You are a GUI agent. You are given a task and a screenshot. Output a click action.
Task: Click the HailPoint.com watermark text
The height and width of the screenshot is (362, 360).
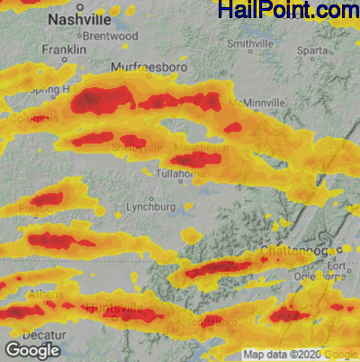pos(287,11)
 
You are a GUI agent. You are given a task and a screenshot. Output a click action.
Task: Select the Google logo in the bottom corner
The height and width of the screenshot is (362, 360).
pos(31,349)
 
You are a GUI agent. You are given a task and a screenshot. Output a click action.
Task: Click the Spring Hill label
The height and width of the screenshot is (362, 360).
pos(49,89)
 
